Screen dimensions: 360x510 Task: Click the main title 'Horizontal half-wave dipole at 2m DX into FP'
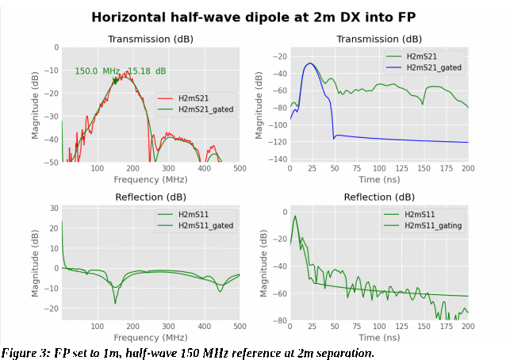pyautogui.click(x=254, y=17)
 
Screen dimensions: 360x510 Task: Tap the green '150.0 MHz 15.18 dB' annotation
pyautogui.click(x=121, y=71)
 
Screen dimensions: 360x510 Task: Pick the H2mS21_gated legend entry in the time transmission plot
pyautogui.click(x=433, y=67)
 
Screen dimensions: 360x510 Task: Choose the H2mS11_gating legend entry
pyautogui.click(x=433, y=225)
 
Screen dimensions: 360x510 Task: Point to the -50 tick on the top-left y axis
pyautogui.click(x=51, y=163)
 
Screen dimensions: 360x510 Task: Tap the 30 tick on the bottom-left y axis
pyautogui.click(x=54, y=209)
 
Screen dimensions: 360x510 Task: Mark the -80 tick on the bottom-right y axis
pyautogui.click(x=278, y=320)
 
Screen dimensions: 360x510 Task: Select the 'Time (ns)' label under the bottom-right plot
pyautogui.click(x=379, y=338)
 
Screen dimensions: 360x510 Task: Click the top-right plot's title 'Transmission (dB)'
pyautogui.click(x=378, y=39)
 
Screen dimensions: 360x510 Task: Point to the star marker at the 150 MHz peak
pyautogui.click(x=115, y=80)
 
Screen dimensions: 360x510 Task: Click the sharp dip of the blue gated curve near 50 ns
pyautogui.click(x=334, y=139)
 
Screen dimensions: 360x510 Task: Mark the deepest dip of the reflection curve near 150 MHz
pyautogui.click(x=115, y=303)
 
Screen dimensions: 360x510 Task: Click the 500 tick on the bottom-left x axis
pyautogui.click(x=239, y=327)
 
